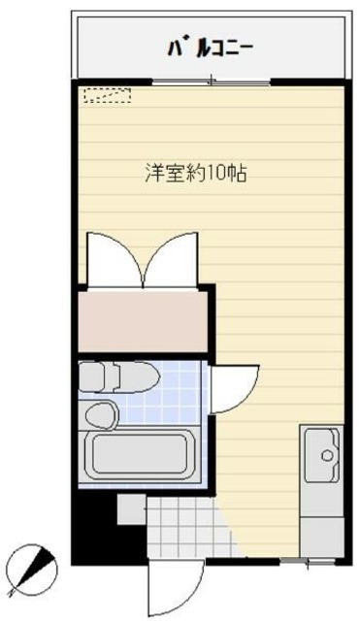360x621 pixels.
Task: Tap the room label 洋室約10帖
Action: tap(195, 175)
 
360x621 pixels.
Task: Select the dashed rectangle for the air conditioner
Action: tap(107, 95)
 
